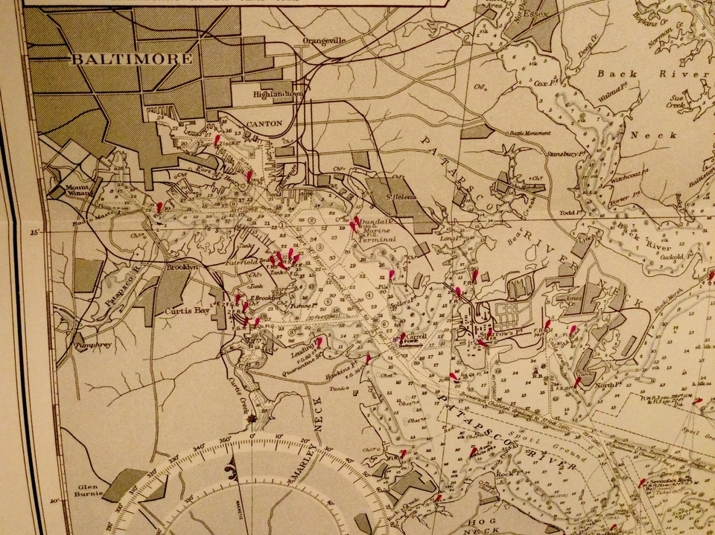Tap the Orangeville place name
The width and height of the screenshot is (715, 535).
tap(325, 42)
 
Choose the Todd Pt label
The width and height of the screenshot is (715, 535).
tap(571, 212)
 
